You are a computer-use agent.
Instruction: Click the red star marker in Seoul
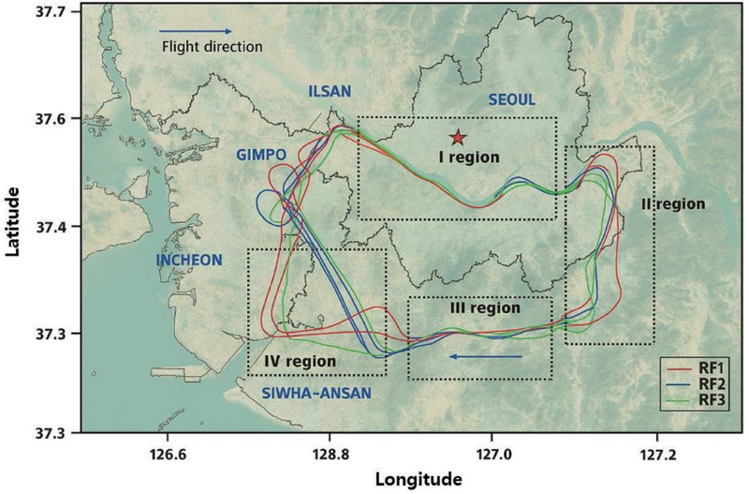[458, 139]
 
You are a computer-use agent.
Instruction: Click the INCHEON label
[190, 260]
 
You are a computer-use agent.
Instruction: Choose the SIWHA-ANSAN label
[308, 393]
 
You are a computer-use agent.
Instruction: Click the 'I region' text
[470, 157]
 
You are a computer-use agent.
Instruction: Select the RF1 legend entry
[700, 367]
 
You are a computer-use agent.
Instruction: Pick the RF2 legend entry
[700, 383]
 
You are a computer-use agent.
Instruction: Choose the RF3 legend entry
[700, 400]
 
